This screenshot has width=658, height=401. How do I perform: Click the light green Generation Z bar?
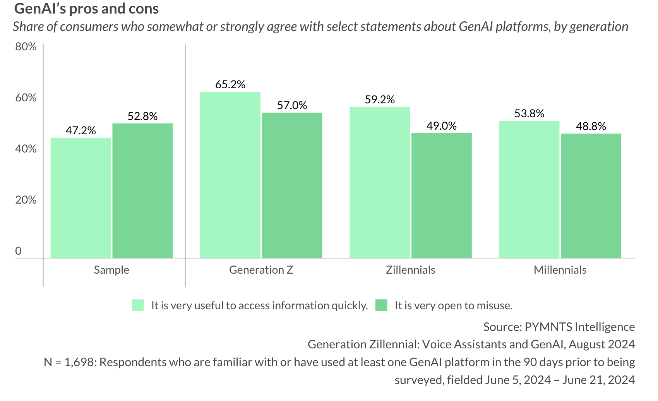230,175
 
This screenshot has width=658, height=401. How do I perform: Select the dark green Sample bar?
142,191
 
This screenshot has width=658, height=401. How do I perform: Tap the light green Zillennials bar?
379,183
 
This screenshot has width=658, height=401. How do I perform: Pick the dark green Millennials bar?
591,196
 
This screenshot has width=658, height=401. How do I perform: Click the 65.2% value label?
230,84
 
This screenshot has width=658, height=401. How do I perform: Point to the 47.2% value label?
81,130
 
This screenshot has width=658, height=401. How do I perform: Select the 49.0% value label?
441,126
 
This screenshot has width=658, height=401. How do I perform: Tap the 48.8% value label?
591,126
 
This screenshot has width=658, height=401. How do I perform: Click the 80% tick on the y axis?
26,47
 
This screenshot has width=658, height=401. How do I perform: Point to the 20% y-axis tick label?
26,200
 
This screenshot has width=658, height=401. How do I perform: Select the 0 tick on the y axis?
18,251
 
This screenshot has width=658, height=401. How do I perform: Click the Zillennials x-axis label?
410,270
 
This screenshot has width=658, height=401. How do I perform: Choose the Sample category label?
111,270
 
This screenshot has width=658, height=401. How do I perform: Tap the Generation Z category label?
261,270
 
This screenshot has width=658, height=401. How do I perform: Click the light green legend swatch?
138,305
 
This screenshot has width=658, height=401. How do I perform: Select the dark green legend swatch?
381,305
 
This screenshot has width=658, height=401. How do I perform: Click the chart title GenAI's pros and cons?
86,9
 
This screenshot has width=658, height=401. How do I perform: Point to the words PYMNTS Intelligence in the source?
579,327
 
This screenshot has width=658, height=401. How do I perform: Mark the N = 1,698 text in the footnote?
69,362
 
